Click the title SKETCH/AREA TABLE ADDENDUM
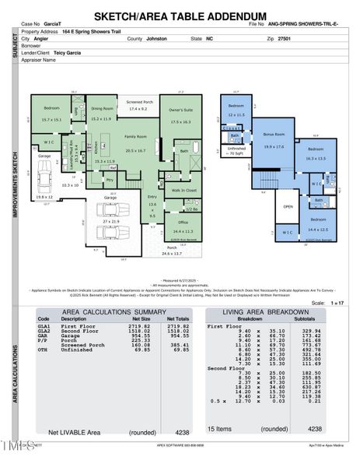tap(180, 16)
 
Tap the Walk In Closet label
tap(183, 190)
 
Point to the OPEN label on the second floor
tap(288, 207)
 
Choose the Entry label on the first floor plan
tap(152, 197)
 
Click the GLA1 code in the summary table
tap(44, 325)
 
